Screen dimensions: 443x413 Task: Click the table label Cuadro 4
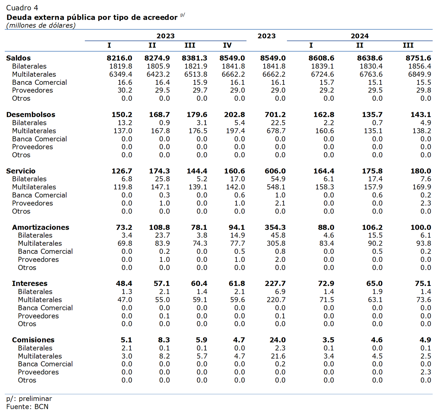tap(22, 8)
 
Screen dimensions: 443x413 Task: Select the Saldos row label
tap(18, 58)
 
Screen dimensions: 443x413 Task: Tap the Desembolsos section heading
tap(31, 114)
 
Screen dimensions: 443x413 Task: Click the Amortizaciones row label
tap(40, 227)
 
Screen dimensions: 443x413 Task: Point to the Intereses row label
tap(30, 284)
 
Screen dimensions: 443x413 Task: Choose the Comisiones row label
tap(33, 340)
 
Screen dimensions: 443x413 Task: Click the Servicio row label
tap(21, 171)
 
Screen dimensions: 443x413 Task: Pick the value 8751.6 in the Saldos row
tap(418, 58)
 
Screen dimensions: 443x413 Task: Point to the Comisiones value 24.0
tap(277, 340)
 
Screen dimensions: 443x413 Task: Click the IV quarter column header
tap(227, 45)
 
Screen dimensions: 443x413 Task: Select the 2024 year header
tap(360, 36)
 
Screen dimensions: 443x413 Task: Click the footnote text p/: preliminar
tap(29, 399)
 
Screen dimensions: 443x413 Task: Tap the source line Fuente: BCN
tap(27, 407)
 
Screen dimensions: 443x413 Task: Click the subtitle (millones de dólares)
tap(41, 25)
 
